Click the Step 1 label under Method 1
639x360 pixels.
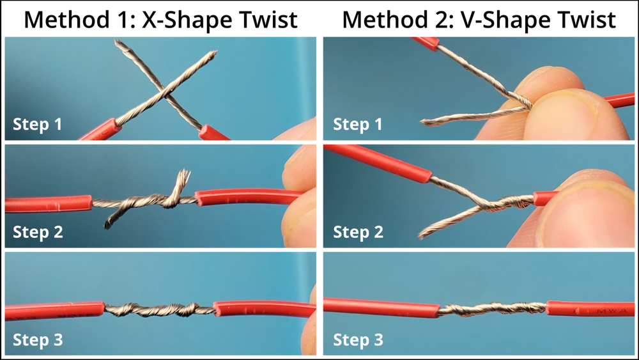[x=38, y=124]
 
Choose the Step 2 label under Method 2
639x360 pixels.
[x=358, y=231]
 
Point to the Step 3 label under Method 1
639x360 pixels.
[x=38, y=340]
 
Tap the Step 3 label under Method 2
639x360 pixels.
[x=358, y=340]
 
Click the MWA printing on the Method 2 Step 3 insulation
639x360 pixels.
[x=606, y=311]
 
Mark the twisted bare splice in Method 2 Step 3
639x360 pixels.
[x=492, y=309]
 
